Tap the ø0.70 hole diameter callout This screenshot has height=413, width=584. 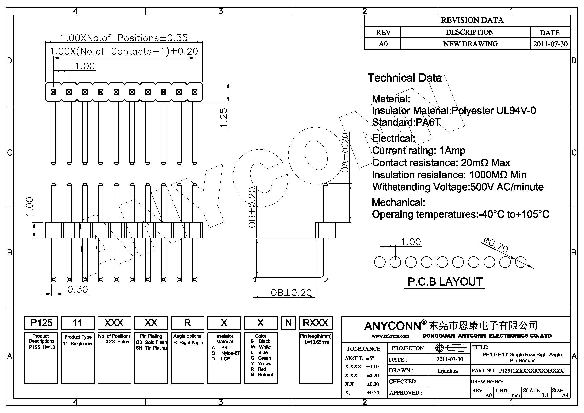[x=496, y=245]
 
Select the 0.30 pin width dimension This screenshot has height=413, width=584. [x=78, y=289]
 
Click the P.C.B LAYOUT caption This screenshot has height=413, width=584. [x=445, y=282]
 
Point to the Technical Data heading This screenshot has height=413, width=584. [x=404, y=78]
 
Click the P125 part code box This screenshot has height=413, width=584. [x=41, y=323]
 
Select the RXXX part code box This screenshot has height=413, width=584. [x=315, y=323]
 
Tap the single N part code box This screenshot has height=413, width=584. [x=288, y=323]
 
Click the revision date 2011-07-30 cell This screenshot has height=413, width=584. [x=550, y=44]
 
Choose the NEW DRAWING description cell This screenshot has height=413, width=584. [x=470, y=44]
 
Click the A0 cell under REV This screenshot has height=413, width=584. [x=383, y=44]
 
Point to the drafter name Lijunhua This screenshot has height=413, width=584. [x=447, y=371]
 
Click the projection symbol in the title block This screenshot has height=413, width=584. [x=449, y=348]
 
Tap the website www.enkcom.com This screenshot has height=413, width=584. [x=390, y=336]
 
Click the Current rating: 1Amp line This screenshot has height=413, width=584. [x=418, y=150]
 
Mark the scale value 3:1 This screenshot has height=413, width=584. [x=545, y=395]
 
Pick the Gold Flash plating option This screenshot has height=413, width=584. [x=155, y=342]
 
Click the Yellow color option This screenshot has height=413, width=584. [x=264, y=363]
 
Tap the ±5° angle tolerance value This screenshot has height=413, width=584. [x=370, y=358]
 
